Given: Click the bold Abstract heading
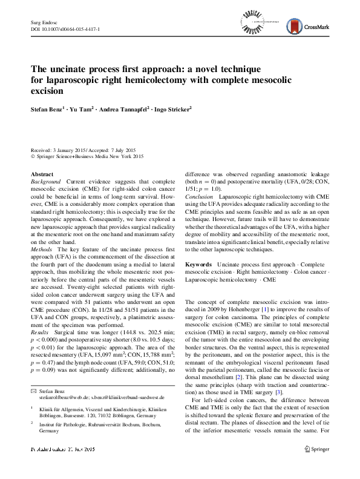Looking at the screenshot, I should pyautogui.click(x=42, y=174).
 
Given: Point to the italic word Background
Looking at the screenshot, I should pyautogui.click(x=46, y=181).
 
